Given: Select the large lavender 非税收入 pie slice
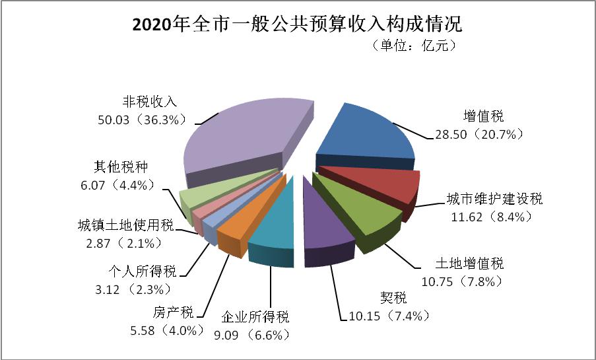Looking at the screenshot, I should coord(244,135).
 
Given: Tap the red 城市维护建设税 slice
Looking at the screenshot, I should coord(383,185).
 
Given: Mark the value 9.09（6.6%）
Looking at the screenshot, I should coord(247,335).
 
